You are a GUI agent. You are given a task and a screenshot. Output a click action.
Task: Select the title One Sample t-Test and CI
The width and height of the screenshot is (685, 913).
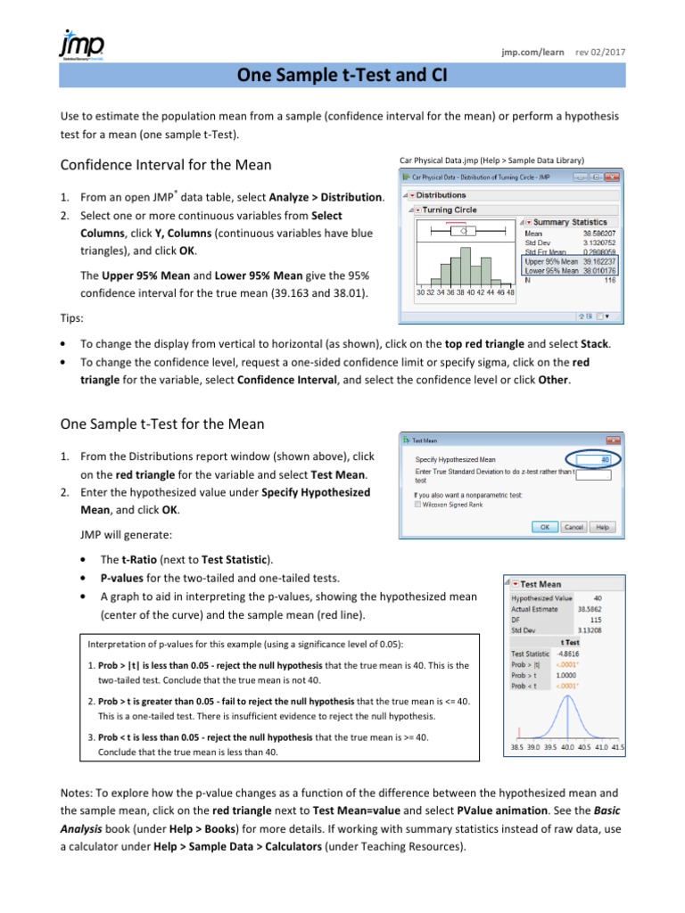342,78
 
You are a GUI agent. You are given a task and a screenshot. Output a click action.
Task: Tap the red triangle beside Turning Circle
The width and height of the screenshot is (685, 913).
417,210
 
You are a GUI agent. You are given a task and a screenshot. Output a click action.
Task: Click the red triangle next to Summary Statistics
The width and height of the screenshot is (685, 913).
527,222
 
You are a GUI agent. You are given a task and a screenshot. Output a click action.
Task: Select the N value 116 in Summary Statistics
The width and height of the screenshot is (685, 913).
607,280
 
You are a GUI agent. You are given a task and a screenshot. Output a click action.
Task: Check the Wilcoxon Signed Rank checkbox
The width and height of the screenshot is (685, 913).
418,505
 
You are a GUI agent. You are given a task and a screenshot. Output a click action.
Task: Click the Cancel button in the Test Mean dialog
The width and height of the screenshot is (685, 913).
574,527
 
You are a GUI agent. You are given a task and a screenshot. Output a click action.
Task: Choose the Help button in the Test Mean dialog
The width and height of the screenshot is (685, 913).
602,527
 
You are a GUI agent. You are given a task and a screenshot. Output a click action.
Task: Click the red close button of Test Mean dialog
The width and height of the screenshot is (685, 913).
611,440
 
